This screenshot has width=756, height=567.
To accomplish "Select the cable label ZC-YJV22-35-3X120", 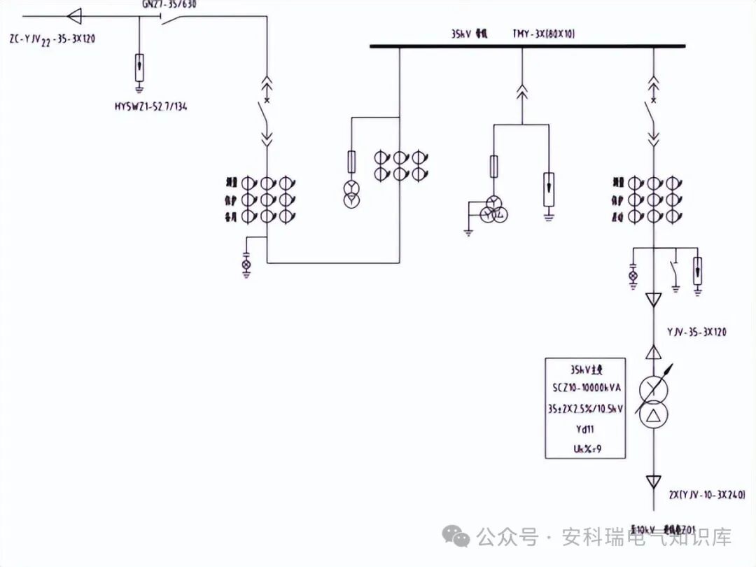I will coord(52,39).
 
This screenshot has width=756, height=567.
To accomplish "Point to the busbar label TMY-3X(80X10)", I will coord(544,34).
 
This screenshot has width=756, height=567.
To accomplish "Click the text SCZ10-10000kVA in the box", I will coord(585,387).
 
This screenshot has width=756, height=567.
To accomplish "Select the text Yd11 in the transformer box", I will coord(585,429).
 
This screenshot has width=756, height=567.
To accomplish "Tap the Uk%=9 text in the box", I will coord(585,448).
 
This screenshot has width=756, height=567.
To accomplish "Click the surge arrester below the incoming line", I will coord(140,69).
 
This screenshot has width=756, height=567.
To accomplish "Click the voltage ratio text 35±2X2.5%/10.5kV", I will coord(585,408).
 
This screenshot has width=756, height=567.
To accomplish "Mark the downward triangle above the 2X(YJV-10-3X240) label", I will coord(653,482).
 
